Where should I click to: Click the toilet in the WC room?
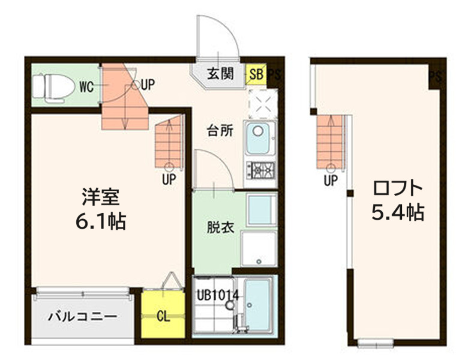pos(50,85)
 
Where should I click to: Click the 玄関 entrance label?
pos(220,74)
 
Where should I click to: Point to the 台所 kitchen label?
pos(220,131)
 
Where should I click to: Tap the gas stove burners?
pos(260,170)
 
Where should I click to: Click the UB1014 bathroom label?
pos(217,295)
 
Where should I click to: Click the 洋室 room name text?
pos(101,197)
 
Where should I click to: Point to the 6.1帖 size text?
pos(100,222)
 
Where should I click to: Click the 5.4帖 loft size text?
pos(397,212)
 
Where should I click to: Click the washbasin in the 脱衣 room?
pos(260,209)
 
